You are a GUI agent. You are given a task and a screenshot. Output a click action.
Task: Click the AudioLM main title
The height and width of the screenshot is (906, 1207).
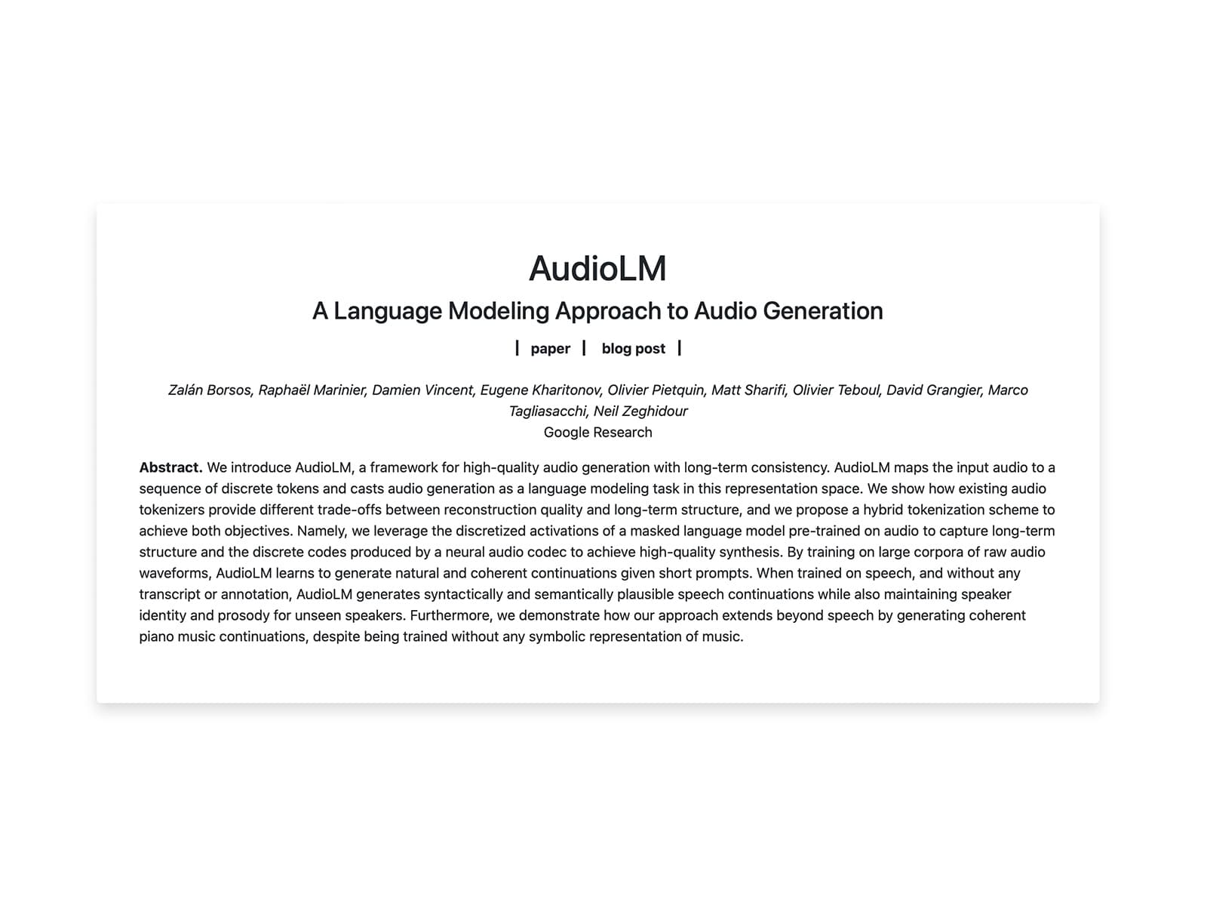[x=597, y=269]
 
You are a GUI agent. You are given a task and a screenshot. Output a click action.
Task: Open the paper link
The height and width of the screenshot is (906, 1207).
[x=550, y=349]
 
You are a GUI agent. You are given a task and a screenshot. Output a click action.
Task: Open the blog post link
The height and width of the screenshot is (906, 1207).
[x=634, y=349]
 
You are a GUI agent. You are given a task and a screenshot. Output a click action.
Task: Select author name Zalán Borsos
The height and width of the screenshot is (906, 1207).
[x=210, y=390]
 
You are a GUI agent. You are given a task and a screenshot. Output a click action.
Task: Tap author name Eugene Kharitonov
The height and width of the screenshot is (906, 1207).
[x=540, y=390]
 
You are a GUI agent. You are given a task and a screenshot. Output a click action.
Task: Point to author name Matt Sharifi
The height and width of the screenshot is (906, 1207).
[x=748, y=390]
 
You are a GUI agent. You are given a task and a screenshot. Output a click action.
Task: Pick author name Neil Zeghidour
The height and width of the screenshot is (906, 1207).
[x=640, y=411]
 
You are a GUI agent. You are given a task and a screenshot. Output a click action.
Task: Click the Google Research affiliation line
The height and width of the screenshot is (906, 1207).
[x=597, y=433]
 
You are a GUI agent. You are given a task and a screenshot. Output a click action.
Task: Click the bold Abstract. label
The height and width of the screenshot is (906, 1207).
[x=170, y=468]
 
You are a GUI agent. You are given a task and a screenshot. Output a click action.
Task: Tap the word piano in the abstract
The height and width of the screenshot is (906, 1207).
[x=156, y=637]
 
